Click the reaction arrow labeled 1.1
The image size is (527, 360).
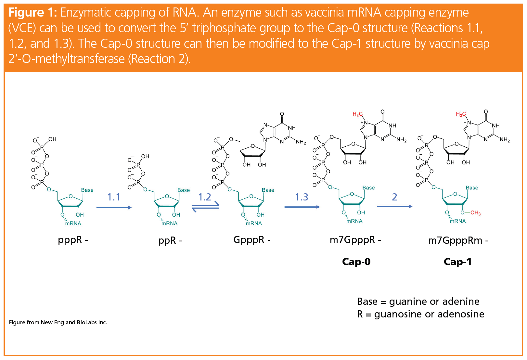click(114, 207)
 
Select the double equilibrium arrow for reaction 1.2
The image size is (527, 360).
click(205, 208)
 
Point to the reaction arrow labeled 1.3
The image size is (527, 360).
click(302, 207)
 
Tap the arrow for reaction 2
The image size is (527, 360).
click(394, 206)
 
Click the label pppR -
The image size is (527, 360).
click(73, 240)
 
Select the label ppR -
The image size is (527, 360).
click(170, 241)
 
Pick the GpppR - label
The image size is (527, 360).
click(252, 240)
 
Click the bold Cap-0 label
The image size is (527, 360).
click(356, 262)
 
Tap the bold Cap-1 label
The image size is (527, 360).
click(457, 262)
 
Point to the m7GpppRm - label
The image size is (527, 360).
click(458, 241)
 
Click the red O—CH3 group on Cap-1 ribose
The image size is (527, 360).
click(471, 213)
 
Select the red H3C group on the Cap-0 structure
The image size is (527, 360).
click(357, 114)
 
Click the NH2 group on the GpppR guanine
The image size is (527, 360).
click(301, 142)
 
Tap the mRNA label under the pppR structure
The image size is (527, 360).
click(73, 224)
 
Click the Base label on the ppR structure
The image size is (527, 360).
click(184, 190)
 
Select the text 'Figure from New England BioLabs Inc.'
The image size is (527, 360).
click(58, 322)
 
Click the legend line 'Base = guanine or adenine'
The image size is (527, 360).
click(418, 302)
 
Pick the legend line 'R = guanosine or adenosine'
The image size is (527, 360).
click(420, 314)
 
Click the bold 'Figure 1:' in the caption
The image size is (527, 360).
click(32, 13)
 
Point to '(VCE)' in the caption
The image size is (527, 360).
click(22, 28)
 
